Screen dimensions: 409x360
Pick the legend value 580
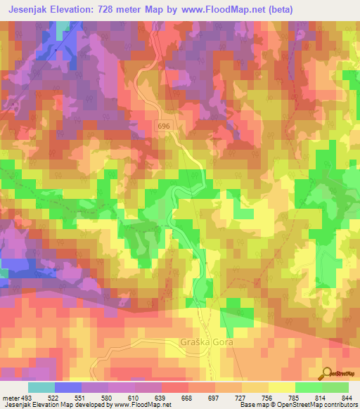pyautogui.click(x=109, y=398)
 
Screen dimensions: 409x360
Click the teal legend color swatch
pyautogui.click(x=41, y=387)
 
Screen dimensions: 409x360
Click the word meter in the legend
pyautogui.click(x=11, y=398)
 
